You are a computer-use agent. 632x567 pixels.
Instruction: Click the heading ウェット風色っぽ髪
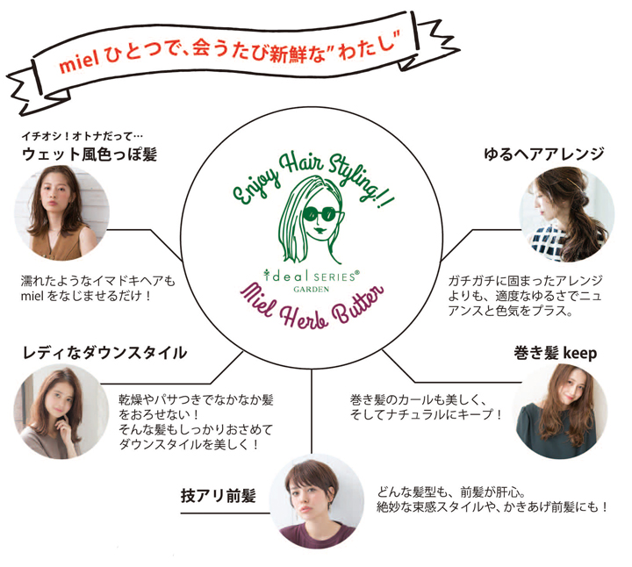click(90, 155)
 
